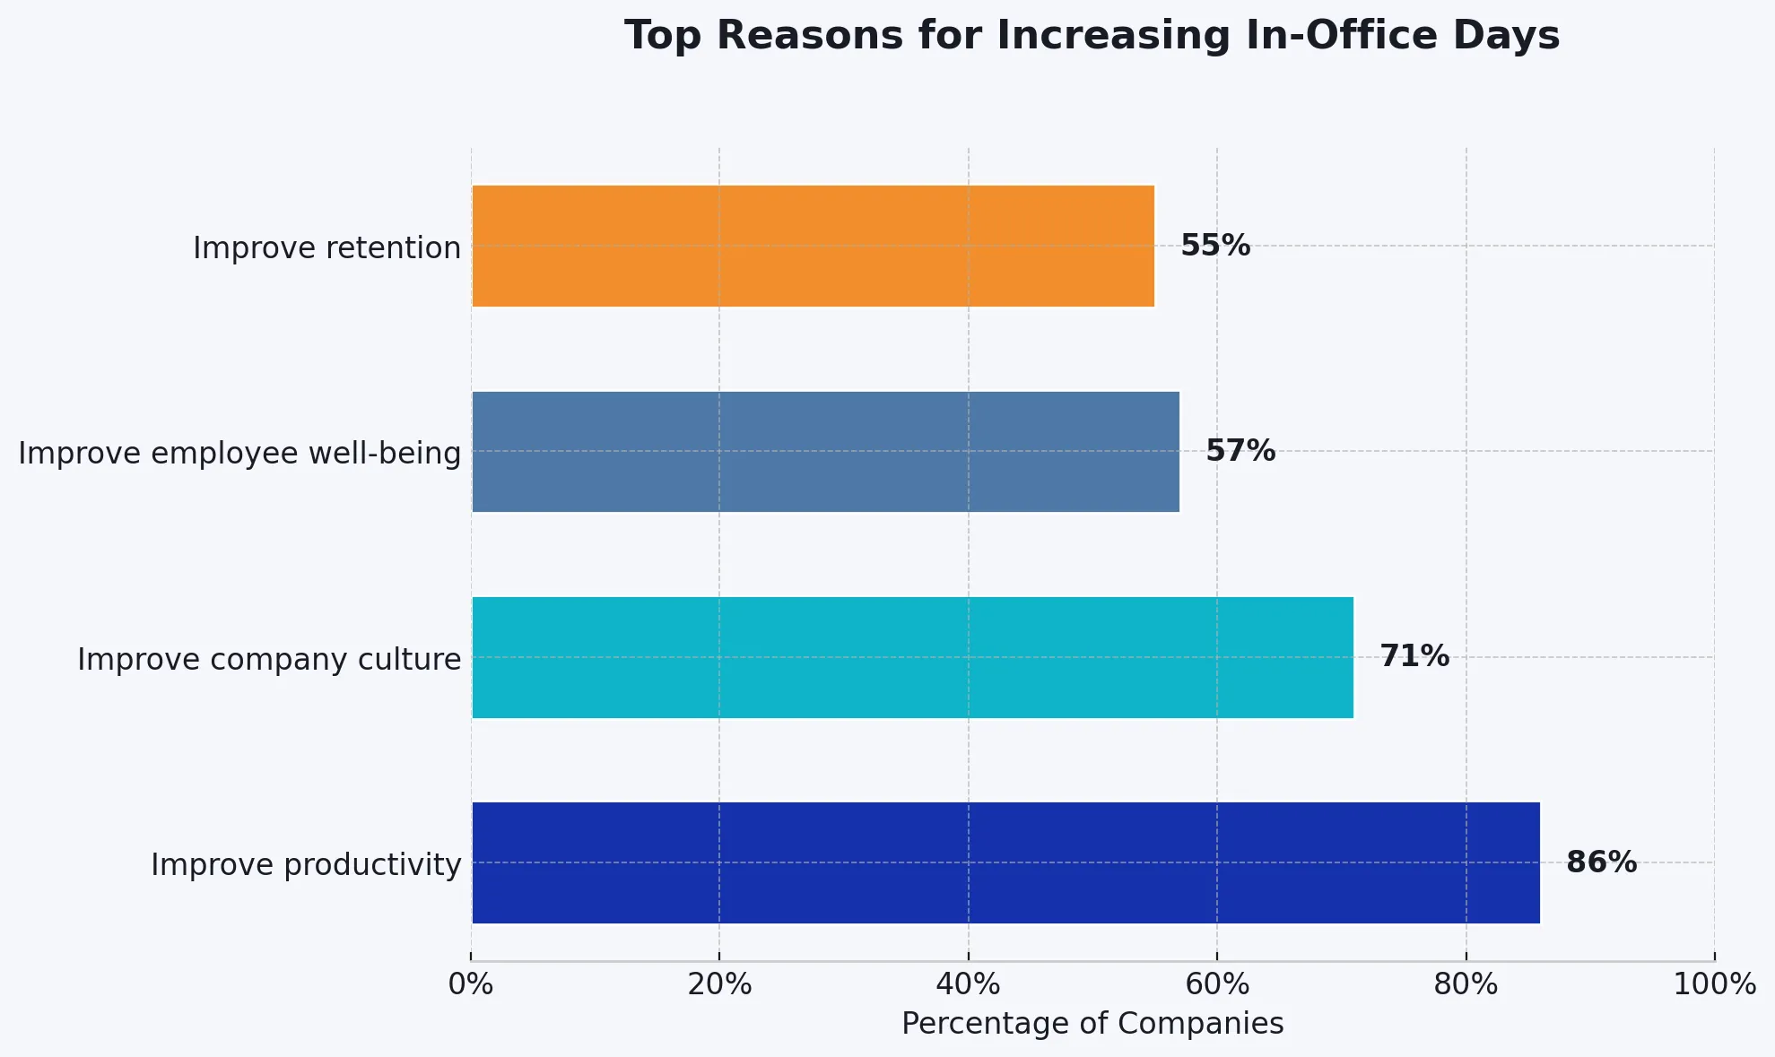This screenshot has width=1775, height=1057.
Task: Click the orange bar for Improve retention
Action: point(813,246)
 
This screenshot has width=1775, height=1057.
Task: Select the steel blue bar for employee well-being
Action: point(825,452)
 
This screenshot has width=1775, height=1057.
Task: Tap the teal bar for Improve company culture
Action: point(912,657)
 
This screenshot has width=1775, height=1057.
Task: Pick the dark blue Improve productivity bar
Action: point(1005,862)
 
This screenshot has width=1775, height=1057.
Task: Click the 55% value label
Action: point(1214,246)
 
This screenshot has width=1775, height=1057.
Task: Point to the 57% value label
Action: point(1240,451)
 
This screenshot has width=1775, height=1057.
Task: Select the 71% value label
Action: point(1414,656)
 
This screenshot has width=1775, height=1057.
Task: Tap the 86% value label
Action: point(1601,862)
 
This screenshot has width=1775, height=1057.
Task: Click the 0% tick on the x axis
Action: point(471,984)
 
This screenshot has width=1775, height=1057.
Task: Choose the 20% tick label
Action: point(719,984)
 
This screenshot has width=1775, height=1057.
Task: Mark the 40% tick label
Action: point(968,984)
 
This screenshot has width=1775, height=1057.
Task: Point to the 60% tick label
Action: point(1217,984)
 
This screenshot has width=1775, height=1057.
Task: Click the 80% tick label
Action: point(1466,984)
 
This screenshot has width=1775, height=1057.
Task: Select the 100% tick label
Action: point(1714,984)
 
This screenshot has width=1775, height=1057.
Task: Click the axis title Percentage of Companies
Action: point(1092,1024)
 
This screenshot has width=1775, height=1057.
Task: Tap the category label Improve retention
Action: point(326,248)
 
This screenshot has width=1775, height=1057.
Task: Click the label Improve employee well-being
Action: point(239,454)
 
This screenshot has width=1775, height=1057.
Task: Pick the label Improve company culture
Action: point(269,660)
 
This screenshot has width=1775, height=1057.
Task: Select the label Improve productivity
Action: point(306,865)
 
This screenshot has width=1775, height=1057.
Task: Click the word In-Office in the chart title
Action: point(1318,36)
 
